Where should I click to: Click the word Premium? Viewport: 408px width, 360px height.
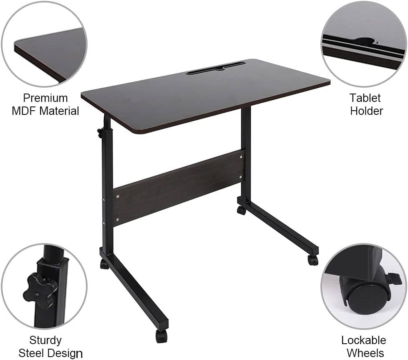[x=45, y=98]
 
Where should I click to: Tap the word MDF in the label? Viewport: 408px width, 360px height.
[x=22, y=111]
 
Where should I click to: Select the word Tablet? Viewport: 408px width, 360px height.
[x=365, y=98]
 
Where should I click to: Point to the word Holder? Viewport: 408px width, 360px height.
[x=366, y=111]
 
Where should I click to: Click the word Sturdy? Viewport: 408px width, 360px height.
[x=45, y=340]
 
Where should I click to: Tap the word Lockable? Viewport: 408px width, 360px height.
[x=363, y=340]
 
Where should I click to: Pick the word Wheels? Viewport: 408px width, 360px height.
[x=365, y=353]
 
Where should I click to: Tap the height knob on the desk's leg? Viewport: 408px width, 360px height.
[x=101, y=133]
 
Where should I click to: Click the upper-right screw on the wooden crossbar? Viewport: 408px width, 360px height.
[x=241, y=157]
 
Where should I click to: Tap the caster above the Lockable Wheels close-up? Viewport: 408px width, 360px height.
[x=312, y=260]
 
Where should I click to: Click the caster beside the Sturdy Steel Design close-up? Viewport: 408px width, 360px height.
[x=104, y=264]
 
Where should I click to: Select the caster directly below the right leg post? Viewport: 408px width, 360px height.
[x=241, y=210]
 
